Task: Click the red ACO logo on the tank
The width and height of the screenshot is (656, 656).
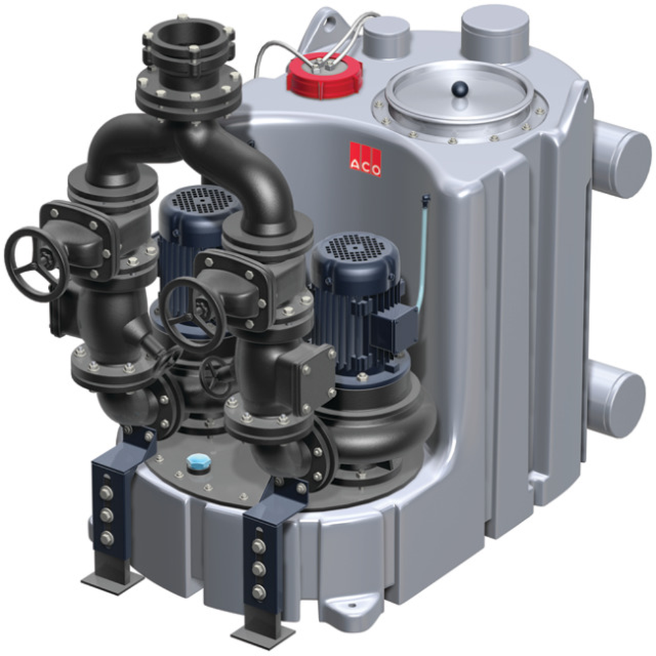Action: tap(365, 159)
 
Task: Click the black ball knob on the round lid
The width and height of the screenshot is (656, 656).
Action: tap(459, 89)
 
